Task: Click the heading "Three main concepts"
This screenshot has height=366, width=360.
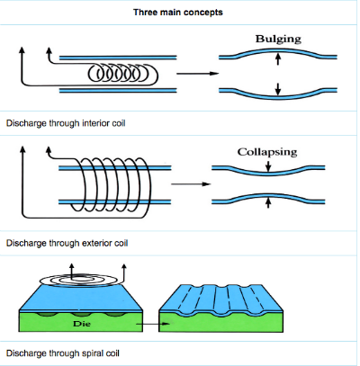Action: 180,13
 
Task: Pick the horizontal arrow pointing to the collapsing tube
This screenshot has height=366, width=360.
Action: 186,185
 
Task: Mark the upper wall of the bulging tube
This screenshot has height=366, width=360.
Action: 278,51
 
